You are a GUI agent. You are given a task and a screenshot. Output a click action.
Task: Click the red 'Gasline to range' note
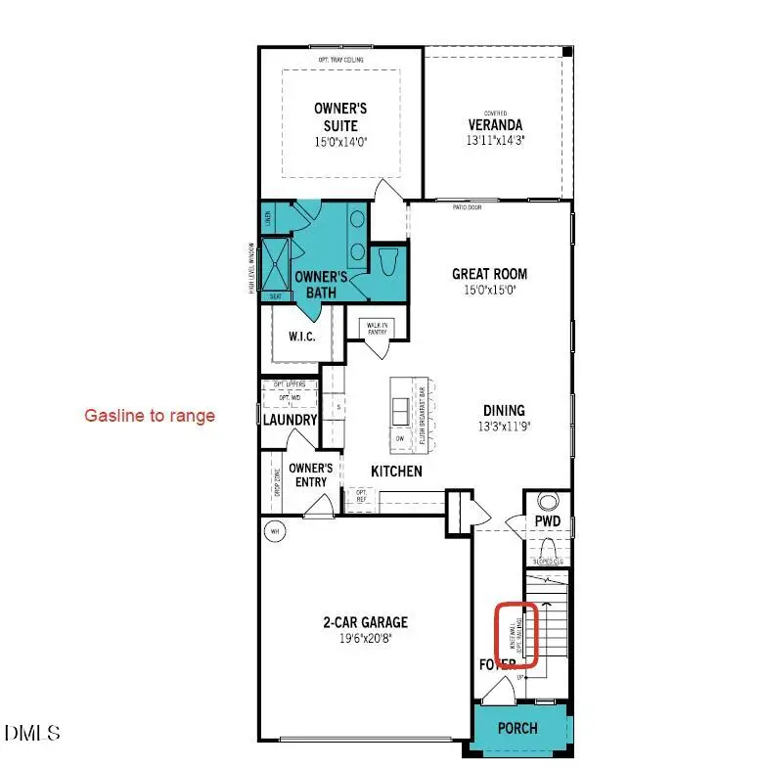pyautogui.click(x=149, y=416)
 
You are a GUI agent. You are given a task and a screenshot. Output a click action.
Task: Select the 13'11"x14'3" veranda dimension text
pyautogui.click(x=493, y=141)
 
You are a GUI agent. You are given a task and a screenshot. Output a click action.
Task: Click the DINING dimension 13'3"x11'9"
pyautogui.click(x=503, y=427)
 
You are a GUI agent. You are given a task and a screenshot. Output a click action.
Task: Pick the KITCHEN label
pyautogui.click(x=396, y=472)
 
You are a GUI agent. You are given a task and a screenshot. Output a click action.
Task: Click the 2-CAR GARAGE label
pyautogui.click(x=365, y=622)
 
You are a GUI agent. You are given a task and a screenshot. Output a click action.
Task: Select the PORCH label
pyautogui.click(x=517, y=729)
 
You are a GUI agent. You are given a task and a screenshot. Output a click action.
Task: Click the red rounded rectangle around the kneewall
pyautogui.click(x=516, y=634)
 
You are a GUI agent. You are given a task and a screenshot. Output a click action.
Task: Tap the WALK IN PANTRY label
pyautogui.click(x=376, y=328)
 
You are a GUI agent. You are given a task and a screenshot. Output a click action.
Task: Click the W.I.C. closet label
pyautogui.click(x=300, y=337)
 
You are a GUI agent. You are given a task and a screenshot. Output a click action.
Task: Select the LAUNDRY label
pyautogui.click(x=291, y=420)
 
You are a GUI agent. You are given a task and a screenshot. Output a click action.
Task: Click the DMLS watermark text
pyautogui.click(x=32, y=732)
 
